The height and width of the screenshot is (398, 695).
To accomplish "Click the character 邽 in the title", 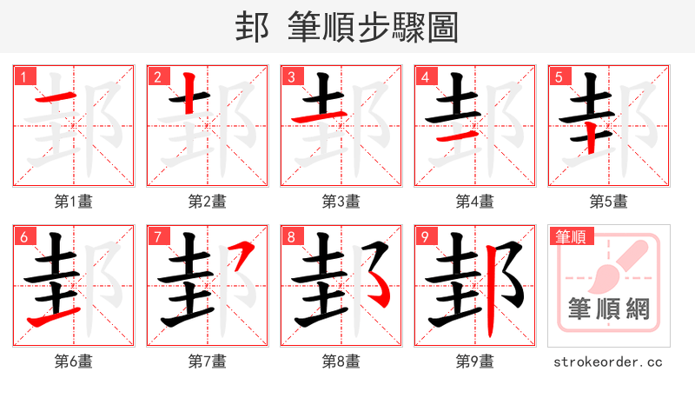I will coord(251,27).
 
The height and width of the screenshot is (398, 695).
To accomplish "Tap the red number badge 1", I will coord(23,76).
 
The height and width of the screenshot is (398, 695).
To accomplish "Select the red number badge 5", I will coord(558,76).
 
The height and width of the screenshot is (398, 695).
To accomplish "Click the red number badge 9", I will coord(424,236).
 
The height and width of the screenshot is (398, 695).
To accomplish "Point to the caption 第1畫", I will coord(74,202).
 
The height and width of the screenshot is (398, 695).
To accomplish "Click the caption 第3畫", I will coord(341,202).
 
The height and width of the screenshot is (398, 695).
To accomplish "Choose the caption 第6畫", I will coord(74,362).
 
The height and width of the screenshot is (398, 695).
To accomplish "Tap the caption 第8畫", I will coord(341,362).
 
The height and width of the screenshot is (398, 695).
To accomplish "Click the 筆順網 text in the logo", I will coord(609,309).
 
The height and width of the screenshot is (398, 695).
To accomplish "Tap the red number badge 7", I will coord(156,236).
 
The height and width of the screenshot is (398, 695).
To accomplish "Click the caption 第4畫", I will coord(475,202).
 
